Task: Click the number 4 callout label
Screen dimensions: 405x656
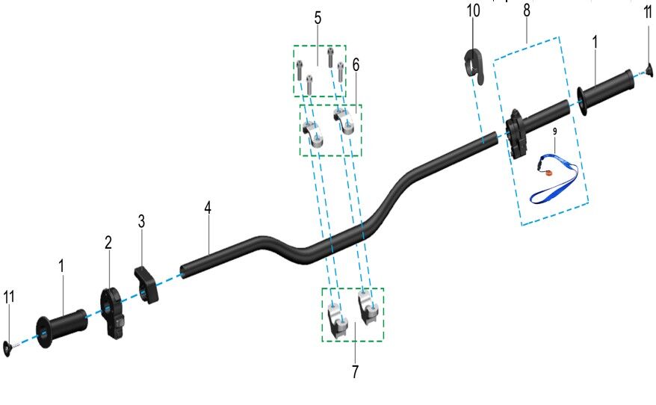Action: [208, 208]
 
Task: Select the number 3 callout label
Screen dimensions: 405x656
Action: [141, 222]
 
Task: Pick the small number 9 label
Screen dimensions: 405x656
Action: [554, 132]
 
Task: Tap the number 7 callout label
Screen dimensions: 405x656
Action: [354, 371]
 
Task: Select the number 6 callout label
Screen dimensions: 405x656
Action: [356, 66]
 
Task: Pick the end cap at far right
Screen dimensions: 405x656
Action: [649, 71]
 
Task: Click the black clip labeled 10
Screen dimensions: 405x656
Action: [474, 64]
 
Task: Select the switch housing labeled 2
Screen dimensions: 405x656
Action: [114, 312]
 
